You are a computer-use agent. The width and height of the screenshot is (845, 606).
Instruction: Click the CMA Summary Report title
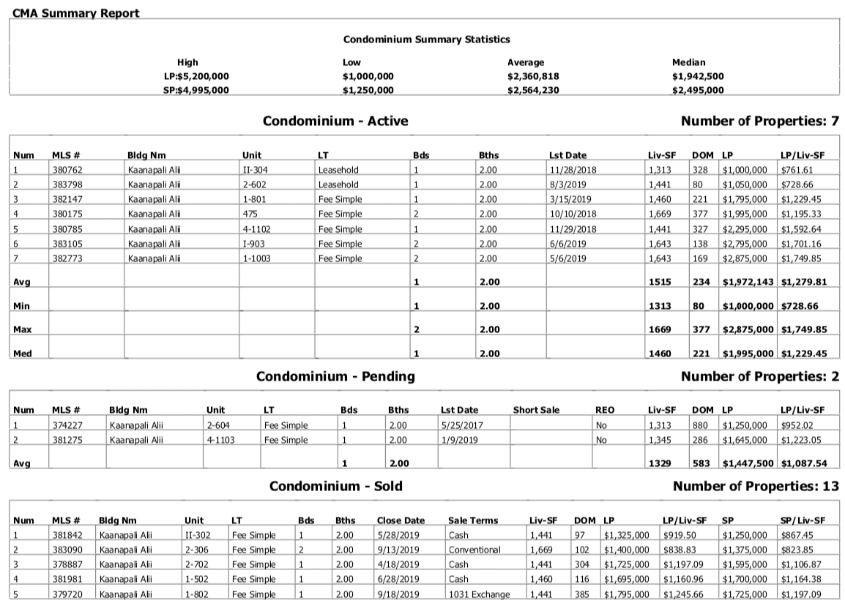(76, 14)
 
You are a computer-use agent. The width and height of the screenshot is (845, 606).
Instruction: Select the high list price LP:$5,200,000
(197, 76)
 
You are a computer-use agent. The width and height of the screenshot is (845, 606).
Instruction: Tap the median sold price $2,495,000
(698, 90)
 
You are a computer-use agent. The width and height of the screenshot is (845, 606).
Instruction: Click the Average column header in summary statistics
(525, 62)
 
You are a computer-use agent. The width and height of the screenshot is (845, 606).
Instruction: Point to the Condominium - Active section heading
(335, 121)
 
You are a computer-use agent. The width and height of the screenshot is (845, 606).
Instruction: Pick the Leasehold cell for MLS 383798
(338, 184)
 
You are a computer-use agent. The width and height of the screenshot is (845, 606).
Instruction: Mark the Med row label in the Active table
(22, 353)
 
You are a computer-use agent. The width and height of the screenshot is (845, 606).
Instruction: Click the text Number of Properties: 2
(759, 376)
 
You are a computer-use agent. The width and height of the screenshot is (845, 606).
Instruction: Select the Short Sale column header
(536, 411)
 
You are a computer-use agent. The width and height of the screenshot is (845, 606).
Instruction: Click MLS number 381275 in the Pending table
(67, 441)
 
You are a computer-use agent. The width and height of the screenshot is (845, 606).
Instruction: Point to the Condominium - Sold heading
(335, 486)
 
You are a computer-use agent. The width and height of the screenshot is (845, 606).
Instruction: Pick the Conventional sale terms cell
(474, 550)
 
